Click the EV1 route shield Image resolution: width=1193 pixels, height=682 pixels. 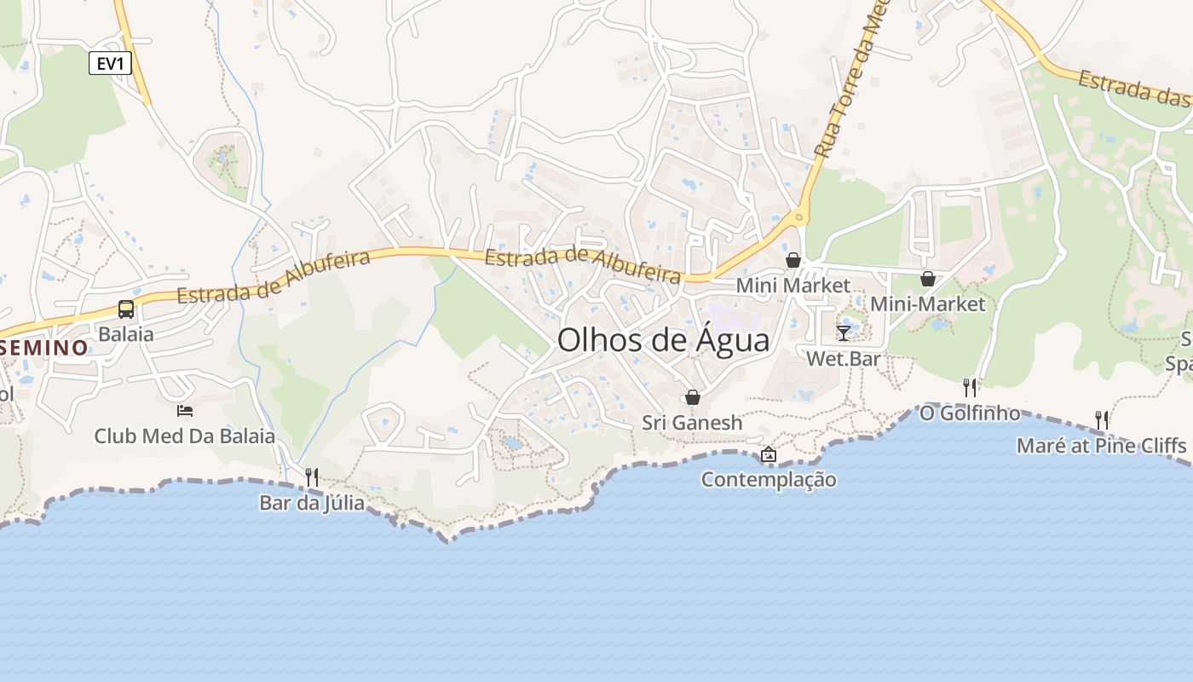pyautogui.click(x=110, y=62)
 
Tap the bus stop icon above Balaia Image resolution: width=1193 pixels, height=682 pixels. pyautogui.click(x=126, y=309)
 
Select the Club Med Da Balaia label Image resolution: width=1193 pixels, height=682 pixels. pyautogui.click(x=184, y=436)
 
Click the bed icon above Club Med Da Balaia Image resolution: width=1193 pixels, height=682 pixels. pyautogui.click(x=185, y=411)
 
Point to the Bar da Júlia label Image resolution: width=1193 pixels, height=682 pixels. pyautogui.click(x=312, y=503)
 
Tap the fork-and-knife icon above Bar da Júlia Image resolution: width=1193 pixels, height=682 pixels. pyautogui.click(x=312, y=477)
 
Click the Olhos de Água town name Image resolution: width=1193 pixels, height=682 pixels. pyautogui.click(x=663, y=340)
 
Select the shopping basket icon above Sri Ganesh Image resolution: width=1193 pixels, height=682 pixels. pyautogui.click(x=693, y=397)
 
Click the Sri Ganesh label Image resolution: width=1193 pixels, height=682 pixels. pyautogui.click(x=692, y=423)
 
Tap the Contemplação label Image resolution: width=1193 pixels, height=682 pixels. pyautogui.click(x=769, y=480)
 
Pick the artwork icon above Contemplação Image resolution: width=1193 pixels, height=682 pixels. pyautogui.click(x=769, y=454)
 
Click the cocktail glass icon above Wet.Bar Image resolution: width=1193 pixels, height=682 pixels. pyautogui.click(x=844, y=332)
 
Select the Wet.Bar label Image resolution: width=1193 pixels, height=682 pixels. pyautogui.click(x=844, y=359)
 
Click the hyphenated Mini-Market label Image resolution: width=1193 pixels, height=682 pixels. pyautogui.click(x=927, y=303)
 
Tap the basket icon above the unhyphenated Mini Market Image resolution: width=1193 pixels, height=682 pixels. pyautogui.click(x=793, y=260)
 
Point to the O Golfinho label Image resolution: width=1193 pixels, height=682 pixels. pyautogui.click(x=970, y=413)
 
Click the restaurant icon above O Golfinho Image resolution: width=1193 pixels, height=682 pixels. pyautogui.click(x=970, y=387)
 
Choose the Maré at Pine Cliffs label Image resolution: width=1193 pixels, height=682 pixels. pyautogui.click(x=1101, y=446)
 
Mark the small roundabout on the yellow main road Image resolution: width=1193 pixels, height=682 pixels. pyautogui.click(x=798, y=217)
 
